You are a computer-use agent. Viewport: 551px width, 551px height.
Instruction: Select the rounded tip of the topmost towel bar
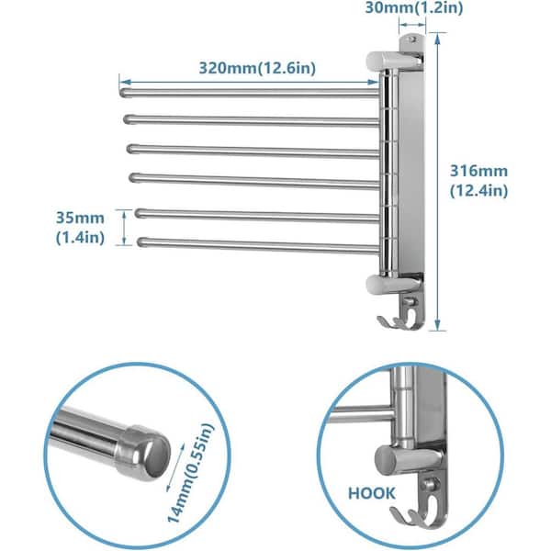(125, 91)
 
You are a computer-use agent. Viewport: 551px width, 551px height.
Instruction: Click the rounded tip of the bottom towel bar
(142, 243)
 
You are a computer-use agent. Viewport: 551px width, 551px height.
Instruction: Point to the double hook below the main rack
(401, 314)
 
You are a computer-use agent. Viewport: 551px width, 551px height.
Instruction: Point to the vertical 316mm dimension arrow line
(439, 184)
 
